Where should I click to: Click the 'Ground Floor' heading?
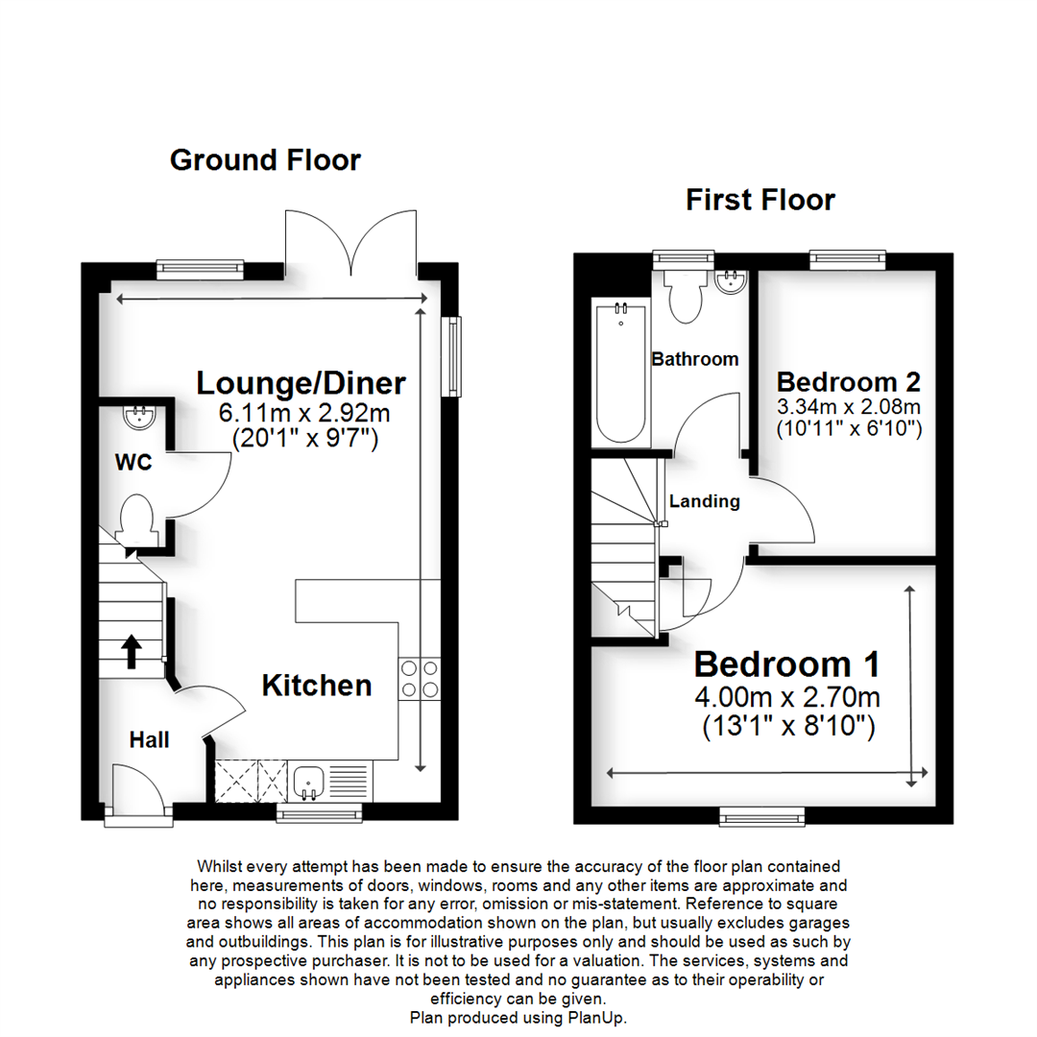[x=265, y=160]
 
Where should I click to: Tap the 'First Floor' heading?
[x=760, y=200]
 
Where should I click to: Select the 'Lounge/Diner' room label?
[x=301, y=383]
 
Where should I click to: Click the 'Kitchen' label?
[x=317, y=686]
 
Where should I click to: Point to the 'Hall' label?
[x=150, y=740]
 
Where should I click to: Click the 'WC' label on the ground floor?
[x=133, y=462]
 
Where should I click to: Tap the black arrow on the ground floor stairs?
[x=132, y=651]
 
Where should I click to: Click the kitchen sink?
[x=307, y=784]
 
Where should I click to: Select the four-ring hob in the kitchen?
[x=420, y=679]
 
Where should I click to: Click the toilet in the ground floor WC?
[x=137, y=520]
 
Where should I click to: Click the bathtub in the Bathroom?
[x=620, y=372]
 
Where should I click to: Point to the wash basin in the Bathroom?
[x=731, y=281]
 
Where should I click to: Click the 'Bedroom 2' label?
[x=849, y=382]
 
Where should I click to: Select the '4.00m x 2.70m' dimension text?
[x=787, y=697]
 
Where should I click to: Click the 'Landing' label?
[x=705, y=501]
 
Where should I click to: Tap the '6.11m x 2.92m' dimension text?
[x=304, y=414]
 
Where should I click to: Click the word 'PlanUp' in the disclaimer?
[x=594, y=1018]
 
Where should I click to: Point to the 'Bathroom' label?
[x=695, y=359]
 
